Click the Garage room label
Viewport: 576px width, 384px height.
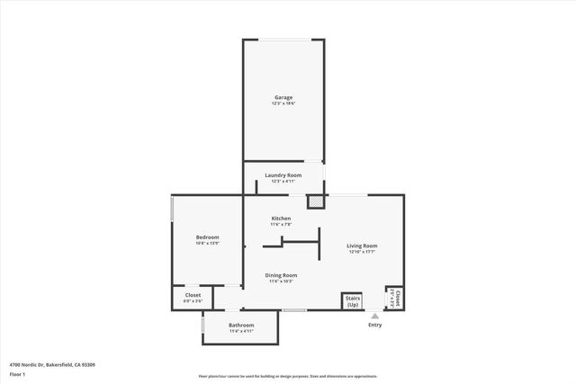coord(283,97)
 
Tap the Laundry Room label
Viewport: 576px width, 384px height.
coord(283,175)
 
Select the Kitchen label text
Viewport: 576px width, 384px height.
coord(282,219)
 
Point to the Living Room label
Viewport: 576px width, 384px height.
coord(363,246)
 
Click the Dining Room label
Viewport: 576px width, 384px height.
coord(281,275)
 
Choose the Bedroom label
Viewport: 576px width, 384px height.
coord(208,237)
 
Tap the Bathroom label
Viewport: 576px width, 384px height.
coord(240,325)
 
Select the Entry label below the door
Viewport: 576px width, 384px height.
coord(375,325)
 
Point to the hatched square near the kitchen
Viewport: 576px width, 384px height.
coord(314,202)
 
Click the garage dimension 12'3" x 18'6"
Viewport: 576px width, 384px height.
coord(283,104)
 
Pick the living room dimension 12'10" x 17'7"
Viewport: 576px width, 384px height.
coord(363,252)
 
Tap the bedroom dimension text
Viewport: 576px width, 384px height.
coord(208,244)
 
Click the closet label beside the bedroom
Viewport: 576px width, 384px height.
coord(193,295)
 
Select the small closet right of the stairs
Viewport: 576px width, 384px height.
coord(395,298)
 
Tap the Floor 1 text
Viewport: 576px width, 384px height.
coord(17,373)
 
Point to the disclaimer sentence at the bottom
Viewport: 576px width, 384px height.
coord(287,377)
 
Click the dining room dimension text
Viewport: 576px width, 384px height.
coord(281,281)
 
